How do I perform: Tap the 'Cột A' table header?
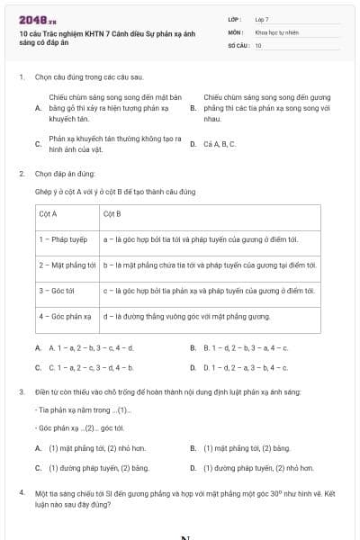pos(49,214)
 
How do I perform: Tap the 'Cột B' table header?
pos(112,214)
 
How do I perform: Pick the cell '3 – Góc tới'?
pos(57,291)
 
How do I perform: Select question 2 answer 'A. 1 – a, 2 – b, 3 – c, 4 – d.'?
pos(89,347)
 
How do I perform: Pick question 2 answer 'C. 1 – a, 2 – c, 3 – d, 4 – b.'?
pos(89,367)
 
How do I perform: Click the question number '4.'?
pos(22,493)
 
